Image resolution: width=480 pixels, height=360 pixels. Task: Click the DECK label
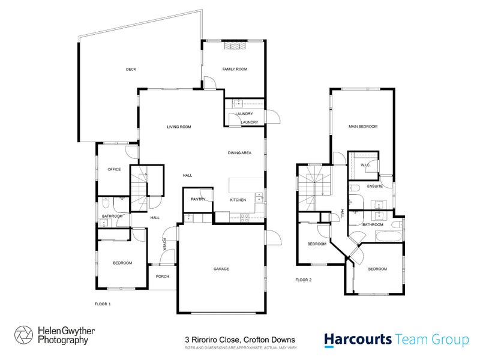pos(131,69)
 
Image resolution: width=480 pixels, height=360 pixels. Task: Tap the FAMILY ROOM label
pos(235,69)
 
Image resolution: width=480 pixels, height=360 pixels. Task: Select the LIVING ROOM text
pos(179,127)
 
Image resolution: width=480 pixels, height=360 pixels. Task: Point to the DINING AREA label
pos(239,154)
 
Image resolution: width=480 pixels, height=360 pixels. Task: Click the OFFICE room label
pos(114,169)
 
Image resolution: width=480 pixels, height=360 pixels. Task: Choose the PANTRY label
pos(198,199)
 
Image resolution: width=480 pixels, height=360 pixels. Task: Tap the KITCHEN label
pos(238,199)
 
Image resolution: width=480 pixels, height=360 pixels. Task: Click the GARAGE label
pos(221,269)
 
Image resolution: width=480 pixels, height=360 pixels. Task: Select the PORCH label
pos(162,276)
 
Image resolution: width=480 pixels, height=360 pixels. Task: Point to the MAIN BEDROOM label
pos(363,127)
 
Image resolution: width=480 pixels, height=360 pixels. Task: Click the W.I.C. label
pos(365,165)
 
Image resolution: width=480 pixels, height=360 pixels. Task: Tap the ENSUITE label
pos(376,187)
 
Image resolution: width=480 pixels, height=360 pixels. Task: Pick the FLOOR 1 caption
pos(103,304)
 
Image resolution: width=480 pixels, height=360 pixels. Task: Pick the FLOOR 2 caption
pos(304,280)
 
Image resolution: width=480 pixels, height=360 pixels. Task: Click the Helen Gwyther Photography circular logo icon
pos(23,335)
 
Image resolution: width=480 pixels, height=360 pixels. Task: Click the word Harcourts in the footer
pos(358,340)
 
